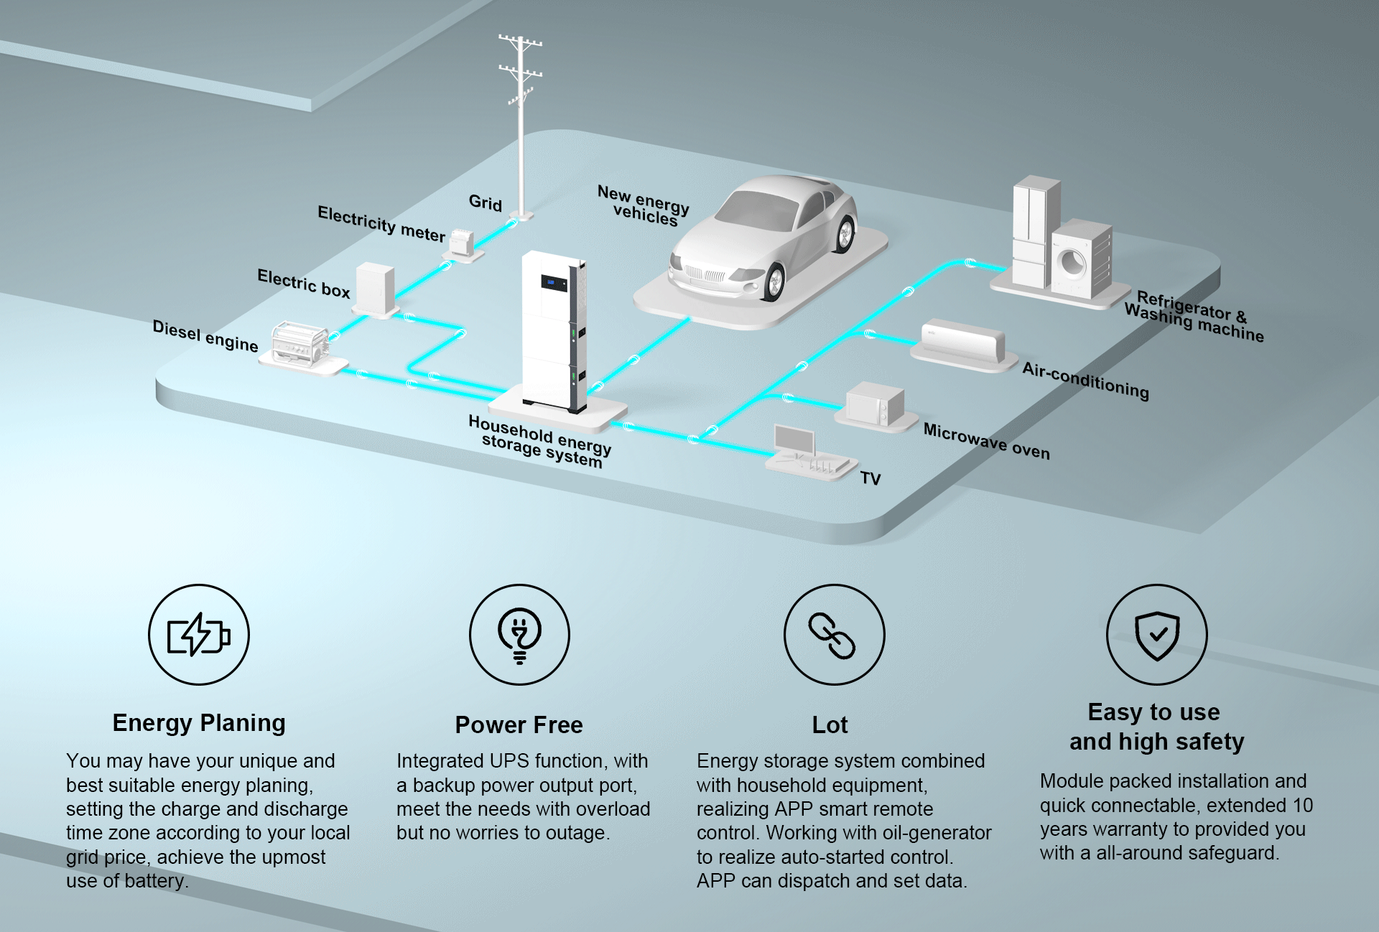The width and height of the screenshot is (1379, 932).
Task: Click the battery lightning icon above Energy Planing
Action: coord(198,635)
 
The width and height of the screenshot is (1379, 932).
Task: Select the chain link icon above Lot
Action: coord(833,635)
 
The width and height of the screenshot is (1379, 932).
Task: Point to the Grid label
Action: coord(486,203)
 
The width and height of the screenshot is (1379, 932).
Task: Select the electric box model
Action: coord(376,288)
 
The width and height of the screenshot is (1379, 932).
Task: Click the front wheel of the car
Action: coord(774,281)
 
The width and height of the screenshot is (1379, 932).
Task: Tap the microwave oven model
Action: coord(874,406)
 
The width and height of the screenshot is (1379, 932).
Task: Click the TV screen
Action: coord(794,439)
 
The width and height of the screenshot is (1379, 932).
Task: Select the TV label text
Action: coord(870,478)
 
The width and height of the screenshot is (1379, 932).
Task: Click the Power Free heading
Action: coord(519,724)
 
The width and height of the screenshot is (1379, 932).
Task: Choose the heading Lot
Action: coord(830,724)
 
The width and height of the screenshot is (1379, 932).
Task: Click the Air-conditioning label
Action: coord(1085,380)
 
